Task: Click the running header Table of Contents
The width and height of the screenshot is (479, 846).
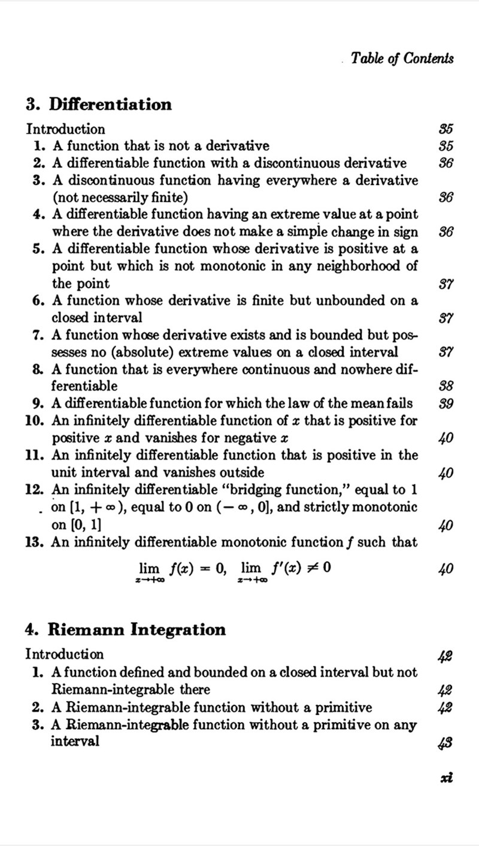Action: (x=402, y=58)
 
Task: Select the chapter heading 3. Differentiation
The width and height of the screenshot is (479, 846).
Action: (x=99, y=105)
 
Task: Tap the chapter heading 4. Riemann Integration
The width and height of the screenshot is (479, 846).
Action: (x=126, y=630)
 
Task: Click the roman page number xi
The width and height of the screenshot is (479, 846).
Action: (x=445, y=777)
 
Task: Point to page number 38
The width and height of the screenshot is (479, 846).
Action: (x=445, y=386)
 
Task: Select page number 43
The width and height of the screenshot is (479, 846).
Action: (x=445, y=742)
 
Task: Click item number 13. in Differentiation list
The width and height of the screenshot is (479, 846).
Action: (x=35, y=542)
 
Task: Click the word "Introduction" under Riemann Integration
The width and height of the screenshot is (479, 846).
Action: (x=65, y=654)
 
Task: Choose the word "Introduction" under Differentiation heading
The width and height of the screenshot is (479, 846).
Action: (x=66, y=129)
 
